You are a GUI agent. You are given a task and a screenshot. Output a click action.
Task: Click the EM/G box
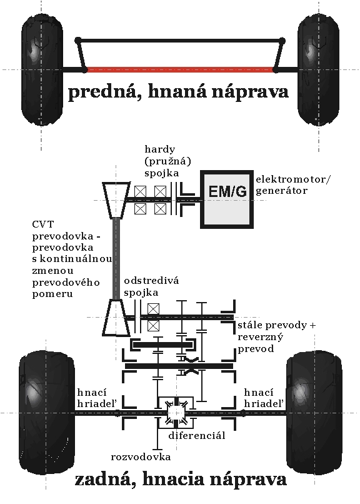pyautogui.click(x=227, y=199)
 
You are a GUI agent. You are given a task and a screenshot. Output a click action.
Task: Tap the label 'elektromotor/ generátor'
pyautogui.click(x=293, y=185)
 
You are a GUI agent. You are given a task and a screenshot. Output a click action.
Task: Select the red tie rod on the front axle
pyautogui.click(x=180, y=69)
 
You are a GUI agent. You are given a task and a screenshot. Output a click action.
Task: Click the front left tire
pyautogui.click(x=42, y=69)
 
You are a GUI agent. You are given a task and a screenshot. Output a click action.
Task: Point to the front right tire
pyautogui.click(x=319, y=69)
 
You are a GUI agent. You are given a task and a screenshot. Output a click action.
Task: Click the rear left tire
pyautogui.click(x=47, y=413)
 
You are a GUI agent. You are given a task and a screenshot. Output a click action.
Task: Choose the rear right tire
pyautogui.click(x=314, y=413)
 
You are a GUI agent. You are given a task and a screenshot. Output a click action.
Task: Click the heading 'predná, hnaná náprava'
pyautogui.click(x=178, y=92)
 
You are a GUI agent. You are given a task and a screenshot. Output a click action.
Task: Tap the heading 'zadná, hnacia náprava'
pyautogui.click(x=181, y=480)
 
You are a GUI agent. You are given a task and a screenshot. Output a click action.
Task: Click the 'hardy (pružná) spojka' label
pyautogui.click(x=167, y=161)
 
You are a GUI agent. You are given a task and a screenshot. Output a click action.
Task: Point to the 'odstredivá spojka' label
pyautogui.click(x=151, y=286)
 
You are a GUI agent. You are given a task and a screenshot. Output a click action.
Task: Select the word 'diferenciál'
pyautogui.click(x=196, y=436)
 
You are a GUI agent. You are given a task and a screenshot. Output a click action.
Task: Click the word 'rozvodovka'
pyautogui.click(x=141, y=457)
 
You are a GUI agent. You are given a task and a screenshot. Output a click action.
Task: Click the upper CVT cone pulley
pyautogui.click(x=116, y=200)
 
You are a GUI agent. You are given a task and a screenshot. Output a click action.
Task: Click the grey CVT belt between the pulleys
pyautogui.click(x=116, y=259)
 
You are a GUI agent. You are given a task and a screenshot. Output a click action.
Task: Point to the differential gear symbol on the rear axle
pyautogui.click(x=176, y=413)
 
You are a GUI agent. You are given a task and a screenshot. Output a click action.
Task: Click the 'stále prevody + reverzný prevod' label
pyautogui.click(x=276, y=337)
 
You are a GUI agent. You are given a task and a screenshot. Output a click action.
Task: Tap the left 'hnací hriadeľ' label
pyautogui.click(x=97, y=398)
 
